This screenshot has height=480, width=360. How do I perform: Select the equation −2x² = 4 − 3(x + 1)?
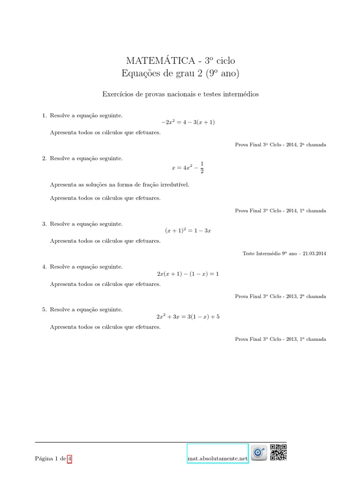pyautogui.click(x=187, y=122)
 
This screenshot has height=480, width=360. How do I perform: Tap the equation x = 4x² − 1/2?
pyautogui.click(x=187, y=167)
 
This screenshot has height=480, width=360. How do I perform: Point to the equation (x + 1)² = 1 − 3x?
pyautogui.click(x=187, y=231)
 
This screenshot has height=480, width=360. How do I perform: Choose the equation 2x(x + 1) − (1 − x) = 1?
pyautogui.click(x=187, y=274)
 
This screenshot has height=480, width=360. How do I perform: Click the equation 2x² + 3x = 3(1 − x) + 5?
pyautogui.click(x=187, y=316)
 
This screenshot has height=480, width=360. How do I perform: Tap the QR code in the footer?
pyautogui.click(x=278, y=452)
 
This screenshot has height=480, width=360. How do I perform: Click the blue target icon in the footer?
pyautogui.click(x=258, y=453)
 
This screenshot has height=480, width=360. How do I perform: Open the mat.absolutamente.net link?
pyautogui.click(x=217, y=459)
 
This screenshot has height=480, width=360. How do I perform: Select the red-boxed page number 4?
pyautogui.click(x=69, y=459)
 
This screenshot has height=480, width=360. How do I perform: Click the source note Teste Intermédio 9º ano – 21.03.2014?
pyautogui.click(x=284, y=254)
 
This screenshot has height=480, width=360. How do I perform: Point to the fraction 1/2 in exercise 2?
pyautogui.click(x=202, y=167)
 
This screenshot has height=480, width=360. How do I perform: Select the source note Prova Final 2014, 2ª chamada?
pyautogui.click(x=280, y=145)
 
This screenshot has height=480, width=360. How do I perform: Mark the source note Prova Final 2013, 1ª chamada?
pyautogui.click(x=280, y=339)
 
